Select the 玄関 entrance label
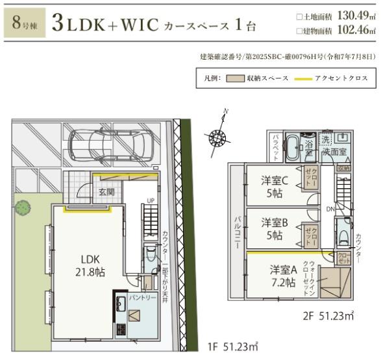(106, 192)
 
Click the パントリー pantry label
(141, 298)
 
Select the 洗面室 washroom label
(334, 151)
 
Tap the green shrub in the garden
(23, 208)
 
